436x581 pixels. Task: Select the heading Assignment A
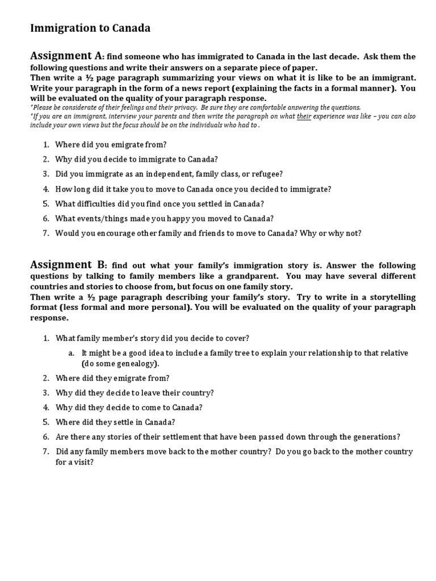point(66,56)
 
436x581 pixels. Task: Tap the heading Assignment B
point(68,264)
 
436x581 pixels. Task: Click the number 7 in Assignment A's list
point(45,233)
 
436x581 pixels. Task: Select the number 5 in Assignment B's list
point(45,422)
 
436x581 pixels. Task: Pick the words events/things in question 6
point(98,218)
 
